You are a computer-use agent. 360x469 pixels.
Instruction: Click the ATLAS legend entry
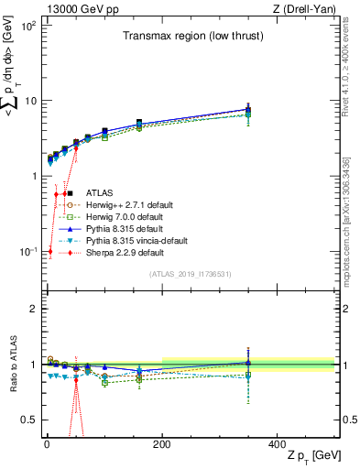[100, 193]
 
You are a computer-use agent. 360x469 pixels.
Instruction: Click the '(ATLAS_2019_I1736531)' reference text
[189, 274]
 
